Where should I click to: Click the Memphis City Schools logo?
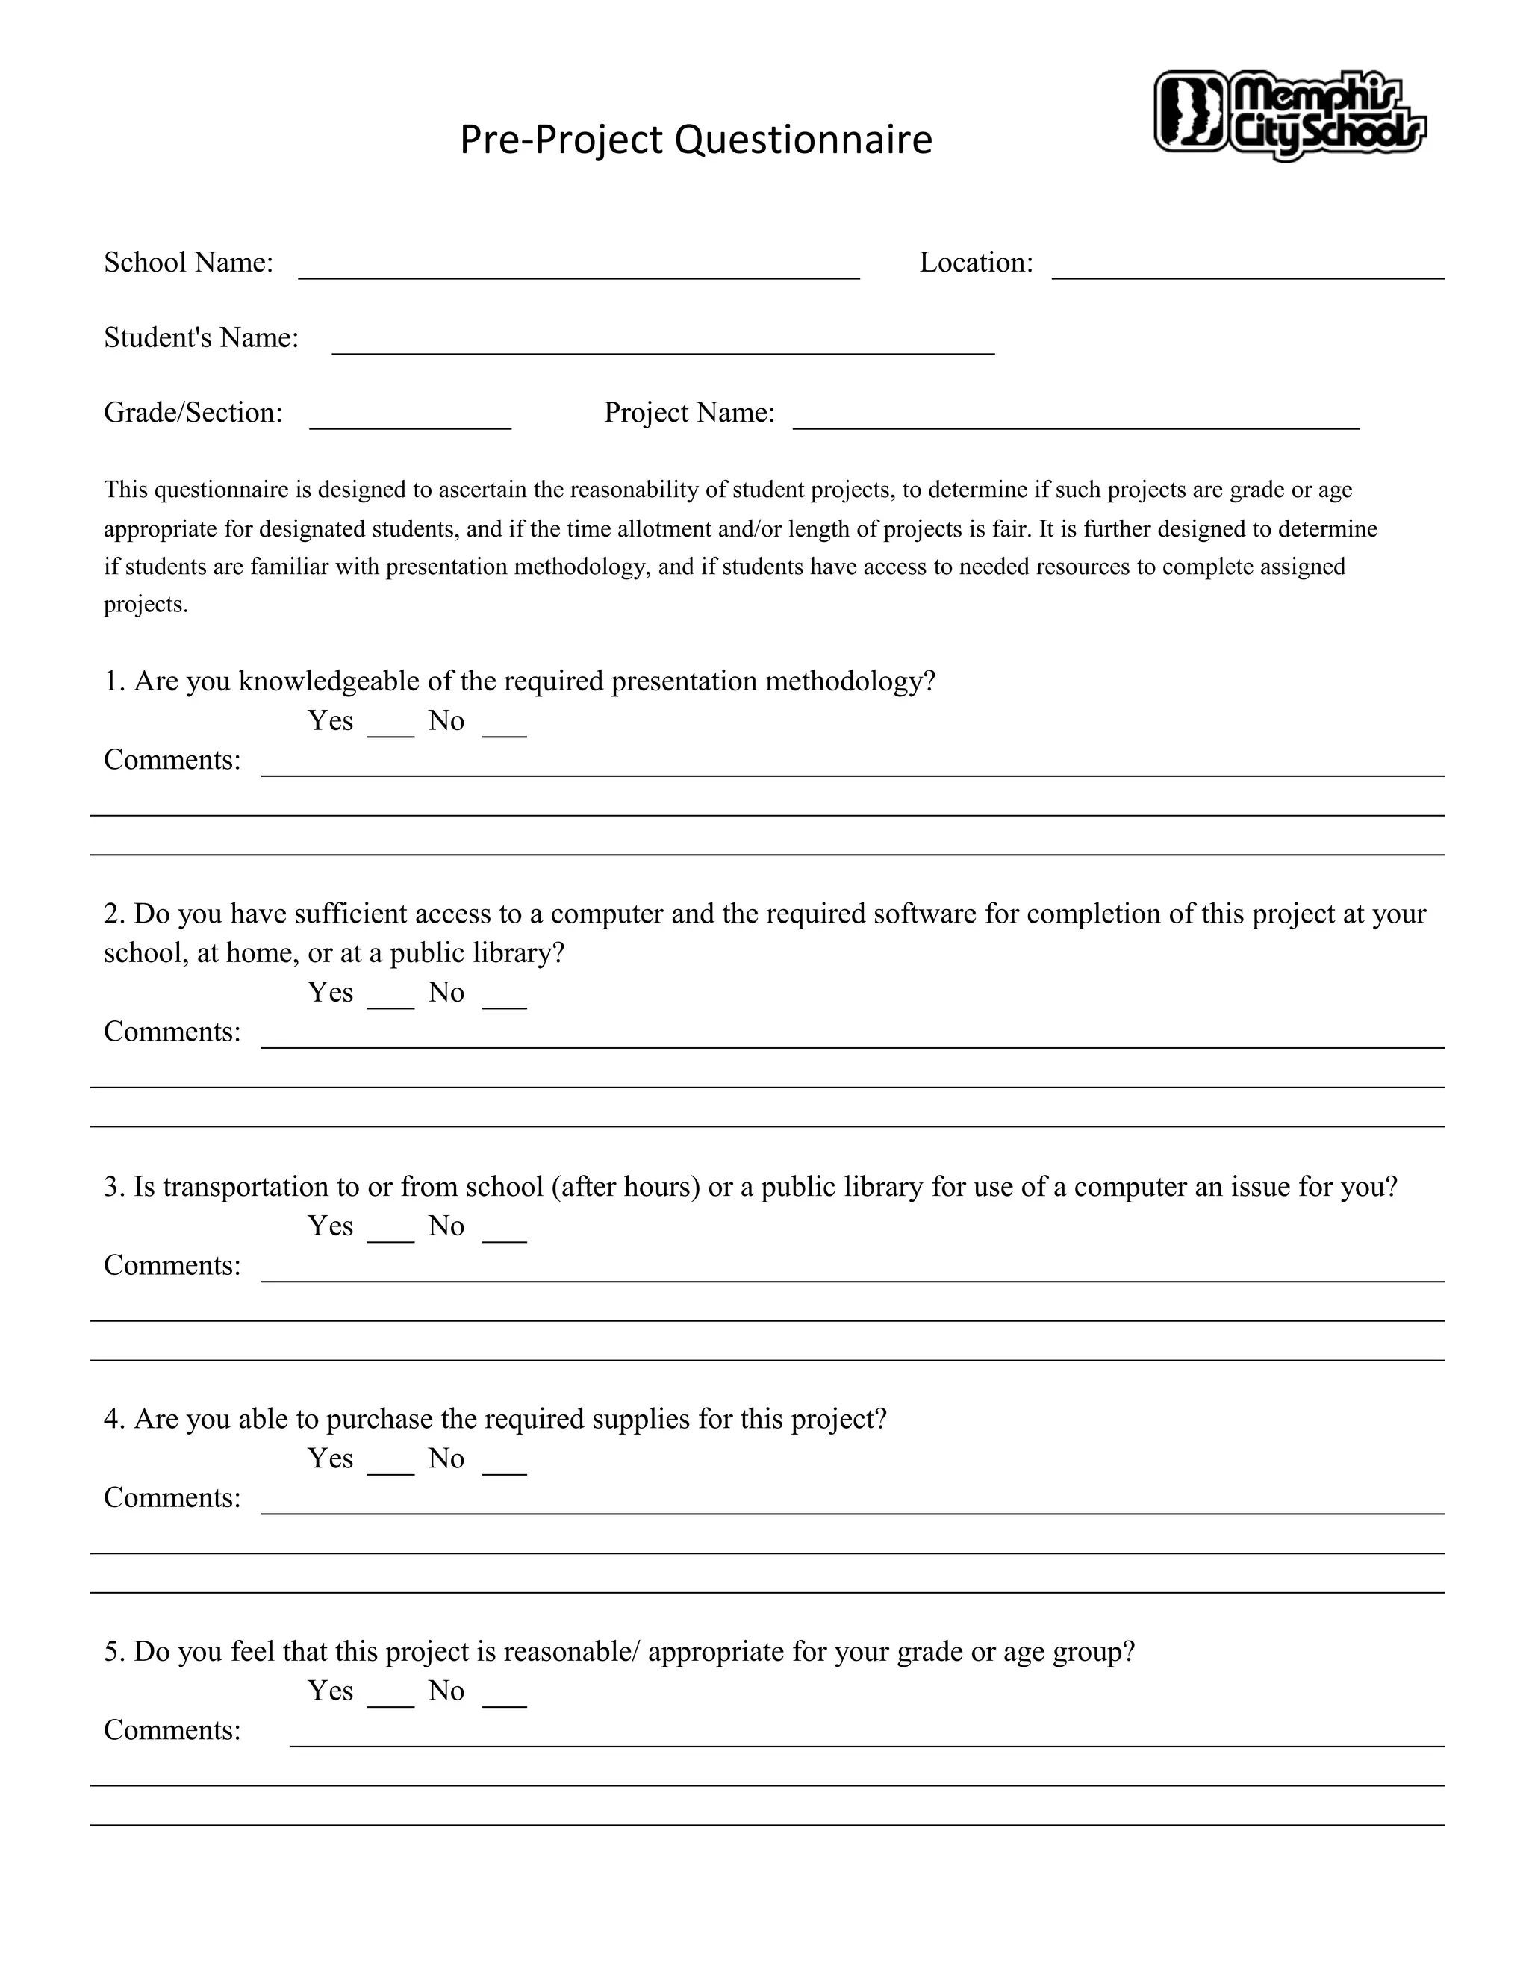click(x=1290, y=115)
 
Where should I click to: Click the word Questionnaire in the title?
click(x=803, y=140)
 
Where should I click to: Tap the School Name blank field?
click(x=578, y=268)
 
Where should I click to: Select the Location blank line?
click(x=1248, y=268)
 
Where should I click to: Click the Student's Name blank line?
click(x=663, y=343)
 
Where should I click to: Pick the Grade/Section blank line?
click(x=411, y=419)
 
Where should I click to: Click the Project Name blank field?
click(x=1075, y=419)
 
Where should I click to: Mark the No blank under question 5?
click(x=505, y=1698)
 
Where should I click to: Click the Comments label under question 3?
click(x=172, y=1265)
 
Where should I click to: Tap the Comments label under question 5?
click(x=172, y=1731)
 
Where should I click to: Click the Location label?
click(x=976, y=263)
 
